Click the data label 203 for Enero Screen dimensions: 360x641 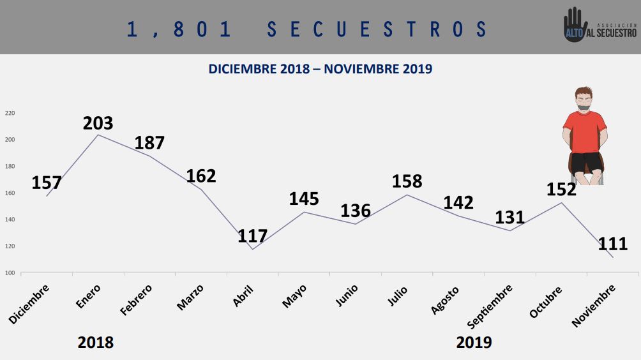pyautogui.click(x=98, y=123)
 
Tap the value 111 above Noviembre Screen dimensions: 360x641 pyautogui.click(x=613, y=243)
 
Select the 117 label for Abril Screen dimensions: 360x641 pyautogui.click(x=252, y=236)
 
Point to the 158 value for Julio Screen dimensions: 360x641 pyautogui.click(x=407, y=181)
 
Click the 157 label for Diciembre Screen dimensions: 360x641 pyautogui.click(x=47, y=183)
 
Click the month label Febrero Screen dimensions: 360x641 pyautogui.click(x=137, y=300)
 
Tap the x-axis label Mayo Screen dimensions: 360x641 pyautogui.click(x=294, y=297)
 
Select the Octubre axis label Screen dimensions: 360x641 pyautogui.click(x=546, y=302)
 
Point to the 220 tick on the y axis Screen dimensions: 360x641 pyautogui.click(x=10, y=113)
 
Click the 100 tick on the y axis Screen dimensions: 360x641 pyautogui.click(x=10, y=273)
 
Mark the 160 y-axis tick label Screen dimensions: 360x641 pyautogui.click(x=10, y=193)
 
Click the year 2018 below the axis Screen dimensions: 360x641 pyautogui.click(x=96, y=343)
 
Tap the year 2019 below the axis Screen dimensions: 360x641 pyautogui.click(x=474, y=343)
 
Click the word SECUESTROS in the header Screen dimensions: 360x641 pyautogui.click(x=377, y=29)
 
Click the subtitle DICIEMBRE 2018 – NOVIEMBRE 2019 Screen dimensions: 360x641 pyautogui.click(x=320, y=69)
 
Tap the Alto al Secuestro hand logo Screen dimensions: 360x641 pyautogui.click(x=575, y=26)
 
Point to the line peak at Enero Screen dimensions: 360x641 pyautogui.click(x=98, y=135)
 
